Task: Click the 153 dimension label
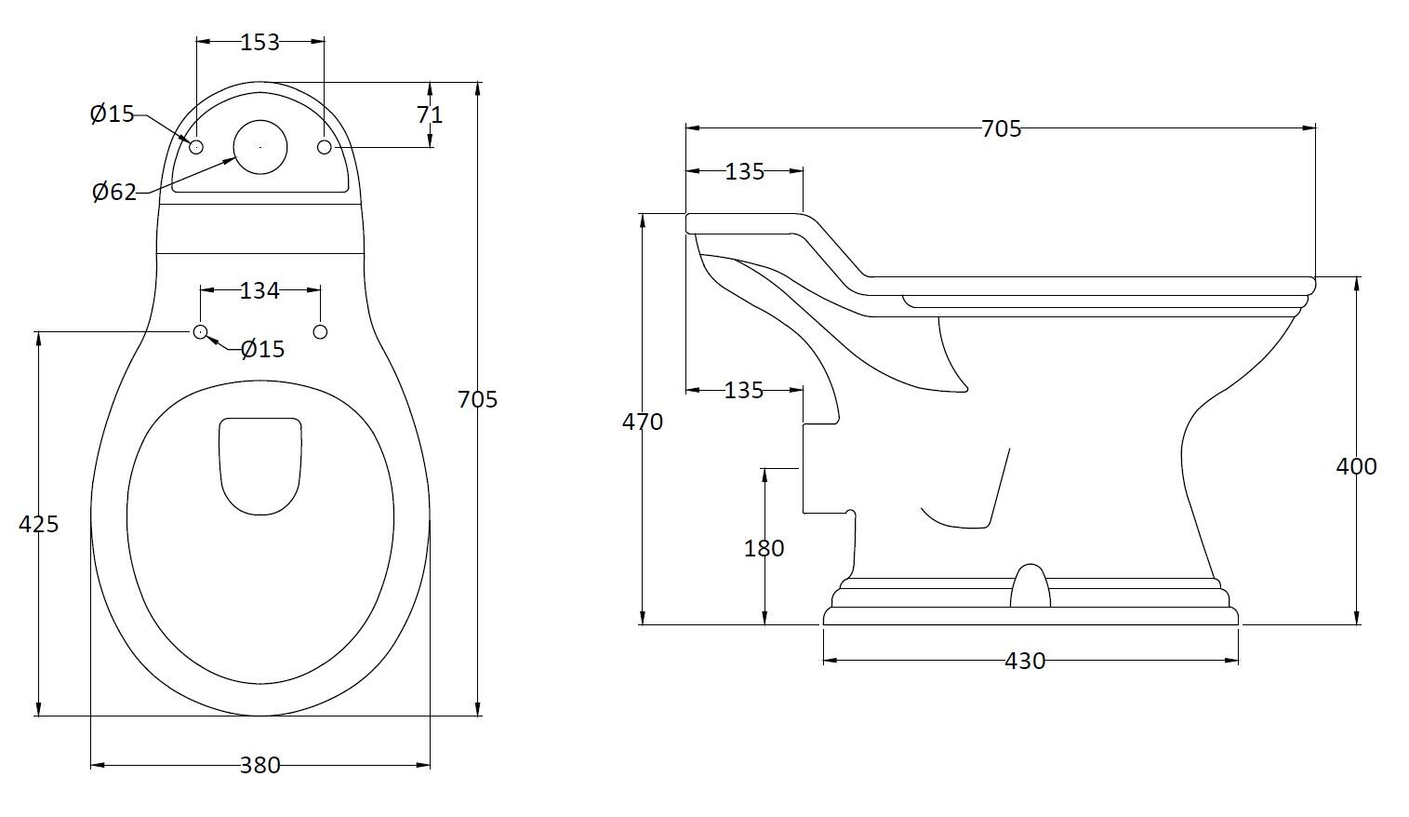[x=259, y=42]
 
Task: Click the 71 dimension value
[x=430, y=114]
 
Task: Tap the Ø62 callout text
[x=113, y=193]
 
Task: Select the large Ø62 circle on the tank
[x=259, y=147]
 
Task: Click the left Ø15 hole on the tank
[x=196, y=147]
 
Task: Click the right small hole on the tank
[x=324, y=147]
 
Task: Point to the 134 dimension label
[x=259, y=291]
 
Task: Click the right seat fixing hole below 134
[x=320, y=331]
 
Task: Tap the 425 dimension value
[x=38, y=524]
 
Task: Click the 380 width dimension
[x=259, y=765]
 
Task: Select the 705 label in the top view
[x=478, y=399]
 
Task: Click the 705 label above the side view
[x=1001, y=128]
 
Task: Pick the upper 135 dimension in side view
[x=744, y=171]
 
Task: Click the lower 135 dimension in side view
[x=743, y=390]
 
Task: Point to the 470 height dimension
[x=643, y=422]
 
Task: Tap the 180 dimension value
[x=764, y=548]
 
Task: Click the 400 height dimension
[x=1356, y=466]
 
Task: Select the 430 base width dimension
[x=1025, y=661]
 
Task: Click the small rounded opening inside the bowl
[x=261, y=465]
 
